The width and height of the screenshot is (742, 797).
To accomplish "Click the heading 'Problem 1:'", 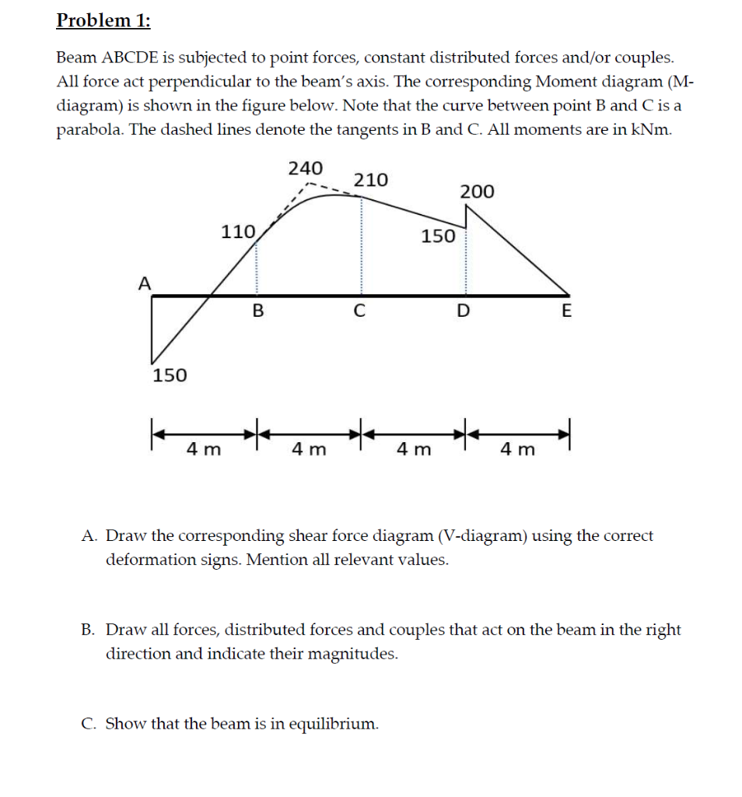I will tap(103, 20).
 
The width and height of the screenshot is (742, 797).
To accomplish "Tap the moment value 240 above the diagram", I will tap(306, 168).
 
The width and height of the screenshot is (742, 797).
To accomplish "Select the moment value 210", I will tap(371, 181).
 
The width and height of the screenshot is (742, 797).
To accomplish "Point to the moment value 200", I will tap(477, 192).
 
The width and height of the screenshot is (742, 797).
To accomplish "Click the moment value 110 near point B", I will tap(238, 231).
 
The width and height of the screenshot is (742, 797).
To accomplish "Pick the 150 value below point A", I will tap(170, 376).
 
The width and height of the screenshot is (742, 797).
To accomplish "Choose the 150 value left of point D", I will tap(439, 236).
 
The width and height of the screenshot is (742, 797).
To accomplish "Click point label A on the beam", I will tap(144, 283).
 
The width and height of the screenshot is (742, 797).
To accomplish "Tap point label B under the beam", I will tap(258, 312).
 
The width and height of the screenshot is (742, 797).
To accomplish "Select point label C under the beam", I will tap(359, 312).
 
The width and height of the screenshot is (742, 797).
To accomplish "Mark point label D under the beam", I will tap(463, 312).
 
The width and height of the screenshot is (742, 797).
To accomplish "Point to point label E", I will tap(566, 312).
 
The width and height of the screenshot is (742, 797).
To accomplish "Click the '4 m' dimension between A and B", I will tap(204, 449).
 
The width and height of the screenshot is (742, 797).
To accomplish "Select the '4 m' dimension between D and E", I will tap(518, 449).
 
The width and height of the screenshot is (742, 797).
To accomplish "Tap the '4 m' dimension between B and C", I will tap(309, 449).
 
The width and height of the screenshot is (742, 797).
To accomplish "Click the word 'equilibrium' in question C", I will tap(334, 724).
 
